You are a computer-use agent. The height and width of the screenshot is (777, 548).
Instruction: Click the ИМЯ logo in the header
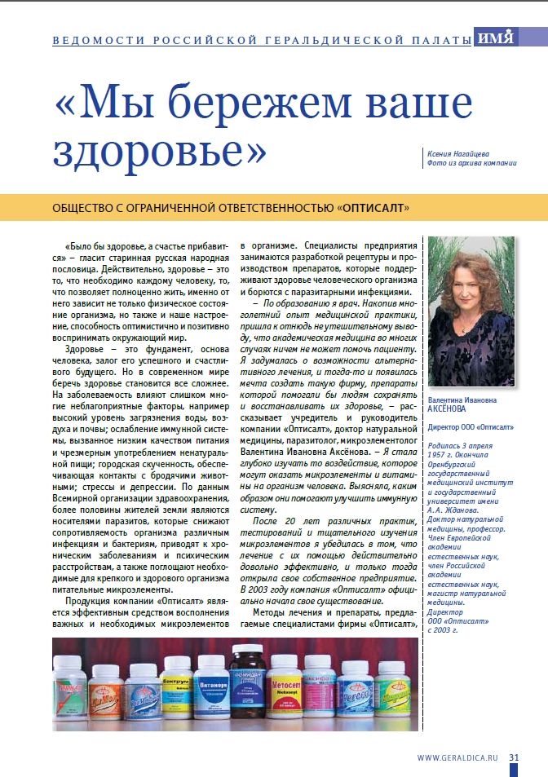[x=495, y=38]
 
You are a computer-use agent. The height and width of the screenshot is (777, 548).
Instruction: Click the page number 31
[x=514, y=757]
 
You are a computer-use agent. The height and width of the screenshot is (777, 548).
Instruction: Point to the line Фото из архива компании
[x=471, y=163]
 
